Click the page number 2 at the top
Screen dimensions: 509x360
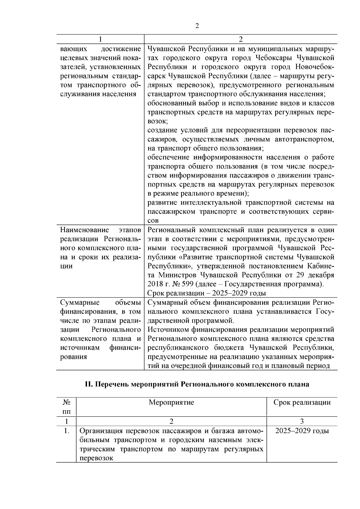197,26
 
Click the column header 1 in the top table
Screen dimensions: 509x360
100,39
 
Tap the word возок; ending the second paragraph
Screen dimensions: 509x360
158,121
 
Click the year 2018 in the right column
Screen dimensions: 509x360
155,284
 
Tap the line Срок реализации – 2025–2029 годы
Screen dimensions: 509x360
207,293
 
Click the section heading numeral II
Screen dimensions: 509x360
88,384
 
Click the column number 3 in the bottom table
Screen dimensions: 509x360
302,421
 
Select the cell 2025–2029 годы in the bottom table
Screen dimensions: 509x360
302,431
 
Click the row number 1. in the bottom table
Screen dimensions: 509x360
66,431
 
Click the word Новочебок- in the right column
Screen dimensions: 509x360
315,67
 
